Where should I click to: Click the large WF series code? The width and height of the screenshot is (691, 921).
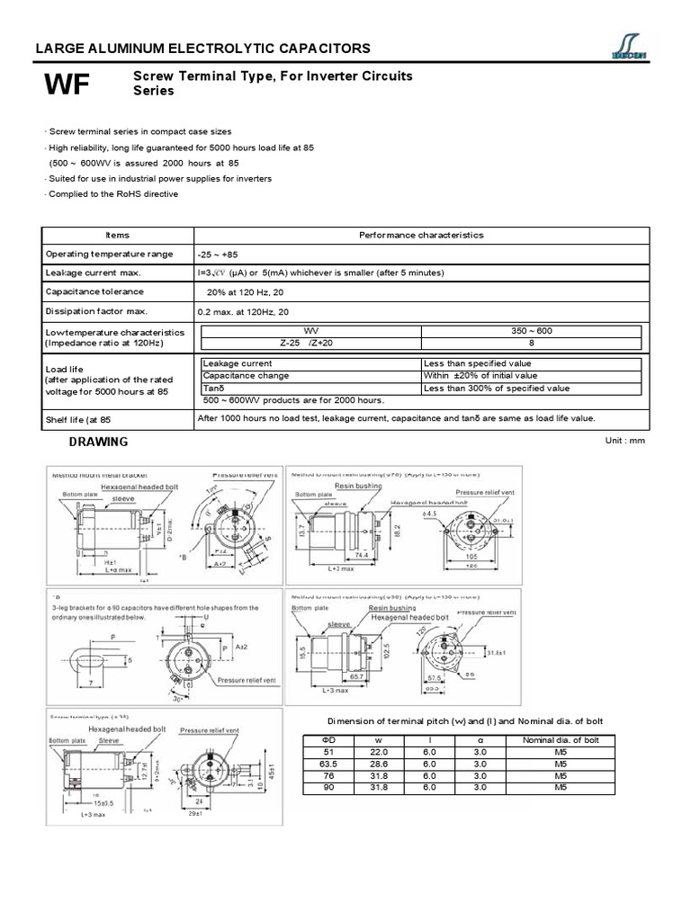tap(67, 85)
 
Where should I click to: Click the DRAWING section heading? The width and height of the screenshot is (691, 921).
tap(99, 442)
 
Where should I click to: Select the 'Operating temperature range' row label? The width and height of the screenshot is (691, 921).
tap(109, 255)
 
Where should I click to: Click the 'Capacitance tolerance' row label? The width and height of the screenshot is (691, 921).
tap(94, 292)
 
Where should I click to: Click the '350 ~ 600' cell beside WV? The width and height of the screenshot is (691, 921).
tap(532, 331)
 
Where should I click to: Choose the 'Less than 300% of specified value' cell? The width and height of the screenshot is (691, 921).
tap(496, 389)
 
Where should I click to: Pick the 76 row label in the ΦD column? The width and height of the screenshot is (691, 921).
tap(328, 775)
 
